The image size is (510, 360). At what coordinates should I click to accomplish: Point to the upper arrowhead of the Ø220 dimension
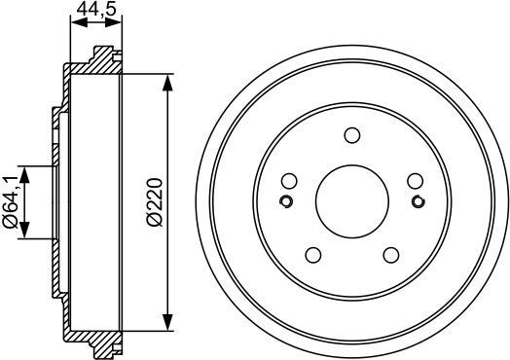click(x=169, y=80)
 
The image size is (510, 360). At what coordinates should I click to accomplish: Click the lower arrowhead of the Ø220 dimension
click(x=169, y=328)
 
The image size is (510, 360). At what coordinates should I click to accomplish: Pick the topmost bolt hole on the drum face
click(x=351, y=135)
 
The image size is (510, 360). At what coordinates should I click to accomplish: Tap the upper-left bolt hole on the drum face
click(x=288, y=181)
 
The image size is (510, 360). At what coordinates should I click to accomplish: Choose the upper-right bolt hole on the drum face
click(x=416, y=181)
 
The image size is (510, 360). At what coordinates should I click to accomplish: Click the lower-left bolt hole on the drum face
click(x=312, y=256)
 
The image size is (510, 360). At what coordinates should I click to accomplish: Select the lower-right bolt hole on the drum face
click(x=391, y=256)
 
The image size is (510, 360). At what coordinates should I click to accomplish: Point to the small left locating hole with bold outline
click(x=286, y=202)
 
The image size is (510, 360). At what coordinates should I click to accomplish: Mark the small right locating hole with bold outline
click(x=418, y=202)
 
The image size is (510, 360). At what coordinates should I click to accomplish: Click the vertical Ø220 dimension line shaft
click(x=169, y=136)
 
